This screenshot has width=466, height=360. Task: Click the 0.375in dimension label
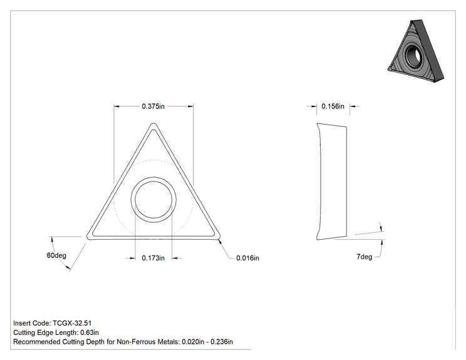[x=153, y=106]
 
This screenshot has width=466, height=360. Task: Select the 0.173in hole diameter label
[x=153, y=258]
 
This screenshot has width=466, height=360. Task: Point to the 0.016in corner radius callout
[x=247, y=258]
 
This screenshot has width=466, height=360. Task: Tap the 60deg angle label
[x=56, y=255]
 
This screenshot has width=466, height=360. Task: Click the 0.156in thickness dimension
[x=333, y=106]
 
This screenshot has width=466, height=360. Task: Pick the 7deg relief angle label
[x=365, y=257]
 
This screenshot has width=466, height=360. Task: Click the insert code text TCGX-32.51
[x=72, y=323]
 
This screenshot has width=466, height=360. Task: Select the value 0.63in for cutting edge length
[x=90, y=332]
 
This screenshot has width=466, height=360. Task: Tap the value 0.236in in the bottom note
[x=222, y=342]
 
